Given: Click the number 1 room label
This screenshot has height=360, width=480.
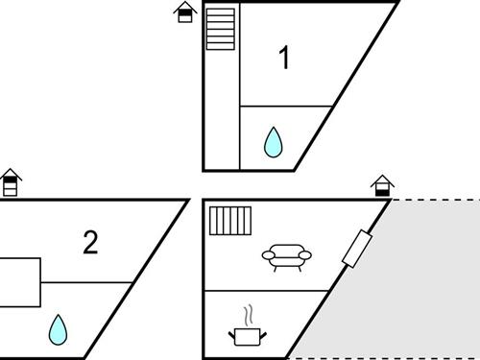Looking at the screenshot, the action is click(x=284, y=57).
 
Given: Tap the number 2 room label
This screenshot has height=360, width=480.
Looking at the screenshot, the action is click(x=90, y=242).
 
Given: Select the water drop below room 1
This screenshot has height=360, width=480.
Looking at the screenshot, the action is click(x=274, y=142).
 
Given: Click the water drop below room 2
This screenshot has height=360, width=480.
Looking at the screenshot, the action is click(x=58, y=330).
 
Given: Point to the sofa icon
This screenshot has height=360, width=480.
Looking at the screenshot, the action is click(x=287, y=257).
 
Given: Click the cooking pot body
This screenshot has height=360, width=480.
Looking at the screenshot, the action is click(x=247, y=337).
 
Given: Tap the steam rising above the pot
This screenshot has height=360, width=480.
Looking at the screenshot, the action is click(x=249, y=316).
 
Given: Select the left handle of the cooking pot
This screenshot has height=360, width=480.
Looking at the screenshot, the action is click(x=231, y=335).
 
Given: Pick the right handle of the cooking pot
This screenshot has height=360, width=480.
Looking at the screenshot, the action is click(x=263, y=336).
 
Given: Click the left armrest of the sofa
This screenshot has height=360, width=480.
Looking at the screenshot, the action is click(x=269, y=255).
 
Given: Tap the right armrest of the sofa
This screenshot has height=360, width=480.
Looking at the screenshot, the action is click(x=305, y=255).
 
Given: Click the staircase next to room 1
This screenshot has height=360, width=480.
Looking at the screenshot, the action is click(x=221, y=29).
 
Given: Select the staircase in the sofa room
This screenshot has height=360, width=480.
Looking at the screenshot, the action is click(x=230, y=221).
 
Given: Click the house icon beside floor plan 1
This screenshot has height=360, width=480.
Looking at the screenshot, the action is click(x=185, y=12).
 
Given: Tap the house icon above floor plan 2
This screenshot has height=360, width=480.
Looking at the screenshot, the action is click(x=11, y=182).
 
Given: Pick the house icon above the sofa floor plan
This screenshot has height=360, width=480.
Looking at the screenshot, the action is click(x=382, y=185).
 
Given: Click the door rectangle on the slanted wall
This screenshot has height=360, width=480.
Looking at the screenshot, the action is click(x=357, y=249).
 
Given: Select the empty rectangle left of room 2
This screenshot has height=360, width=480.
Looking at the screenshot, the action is click(x=20, y=282).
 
